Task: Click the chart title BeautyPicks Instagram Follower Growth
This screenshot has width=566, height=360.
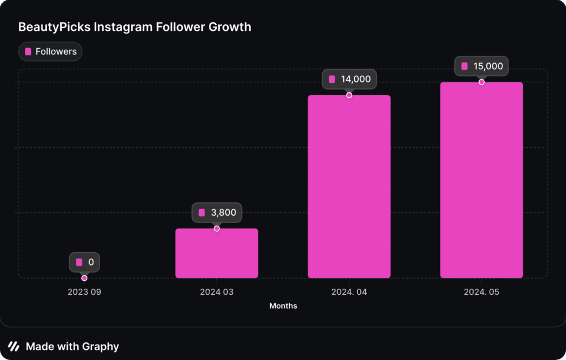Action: pos(135,27)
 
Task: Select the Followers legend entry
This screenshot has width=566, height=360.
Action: pos(50,51)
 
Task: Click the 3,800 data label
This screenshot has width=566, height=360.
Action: pos(217,212)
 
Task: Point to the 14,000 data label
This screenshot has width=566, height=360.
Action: pos(349,79)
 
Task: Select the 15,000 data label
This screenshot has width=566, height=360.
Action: pos(481,66)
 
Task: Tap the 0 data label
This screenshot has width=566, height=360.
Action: pos(85,262)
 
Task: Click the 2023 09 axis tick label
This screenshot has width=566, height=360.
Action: pos(84,292)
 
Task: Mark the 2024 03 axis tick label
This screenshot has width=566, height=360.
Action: pos(217,292)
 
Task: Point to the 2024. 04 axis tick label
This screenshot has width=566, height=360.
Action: pos(349,292)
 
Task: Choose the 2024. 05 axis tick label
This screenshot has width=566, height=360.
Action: pos(481,292)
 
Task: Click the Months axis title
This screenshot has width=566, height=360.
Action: pos(283,306)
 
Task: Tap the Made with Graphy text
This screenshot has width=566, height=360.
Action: pos(72,347)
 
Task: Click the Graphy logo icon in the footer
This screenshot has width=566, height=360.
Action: pos(14,347)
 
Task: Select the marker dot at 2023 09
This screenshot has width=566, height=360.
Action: pos(84,278)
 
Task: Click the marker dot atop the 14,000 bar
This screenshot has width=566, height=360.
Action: pos(349,95)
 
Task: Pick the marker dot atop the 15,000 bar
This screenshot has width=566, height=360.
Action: pos(481,82)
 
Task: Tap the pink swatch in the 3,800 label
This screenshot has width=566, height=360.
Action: pos(202,212)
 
